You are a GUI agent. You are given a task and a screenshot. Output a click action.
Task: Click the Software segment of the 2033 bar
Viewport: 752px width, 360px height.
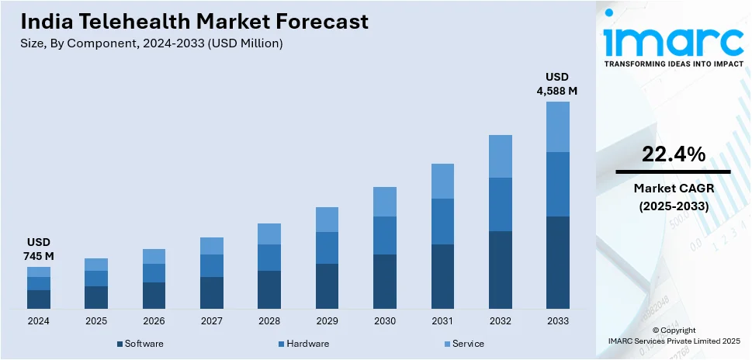point(557,262)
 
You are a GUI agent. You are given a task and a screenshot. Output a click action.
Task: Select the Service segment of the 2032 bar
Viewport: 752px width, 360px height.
point(500,156)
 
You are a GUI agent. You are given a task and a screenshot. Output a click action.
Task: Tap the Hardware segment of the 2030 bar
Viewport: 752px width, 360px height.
point(385,235)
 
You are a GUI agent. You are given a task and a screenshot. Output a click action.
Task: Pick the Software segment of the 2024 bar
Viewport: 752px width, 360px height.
point(39,299)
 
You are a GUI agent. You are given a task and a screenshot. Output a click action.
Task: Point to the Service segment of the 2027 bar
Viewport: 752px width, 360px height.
point(212,246)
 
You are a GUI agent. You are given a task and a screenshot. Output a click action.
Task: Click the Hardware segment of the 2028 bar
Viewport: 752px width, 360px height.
point(269,258)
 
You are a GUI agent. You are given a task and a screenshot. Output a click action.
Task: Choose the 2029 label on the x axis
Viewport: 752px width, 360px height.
point(327,320)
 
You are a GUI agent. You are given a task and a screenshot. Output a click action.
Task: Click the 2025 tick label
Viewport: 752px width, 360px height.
point(96,320)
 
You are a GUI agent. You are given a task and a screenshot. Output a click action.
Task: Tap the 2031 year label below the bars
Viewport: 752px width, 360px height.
point(442,320)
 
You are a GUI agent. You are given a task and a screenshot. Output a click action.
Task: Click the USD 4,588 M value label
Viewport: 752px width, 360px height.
point(557,84)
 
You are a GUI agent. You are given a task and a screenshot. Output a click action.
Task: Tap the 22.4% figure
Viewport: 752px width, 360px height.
point(673,154)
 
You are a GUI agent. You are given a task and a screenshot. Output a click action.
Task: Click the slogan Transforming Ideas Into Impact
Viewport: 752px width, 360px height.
point(672,64)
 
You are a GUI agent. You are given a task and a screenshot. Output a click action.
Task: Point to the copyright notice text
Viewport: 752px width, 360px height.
point(673,335)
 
